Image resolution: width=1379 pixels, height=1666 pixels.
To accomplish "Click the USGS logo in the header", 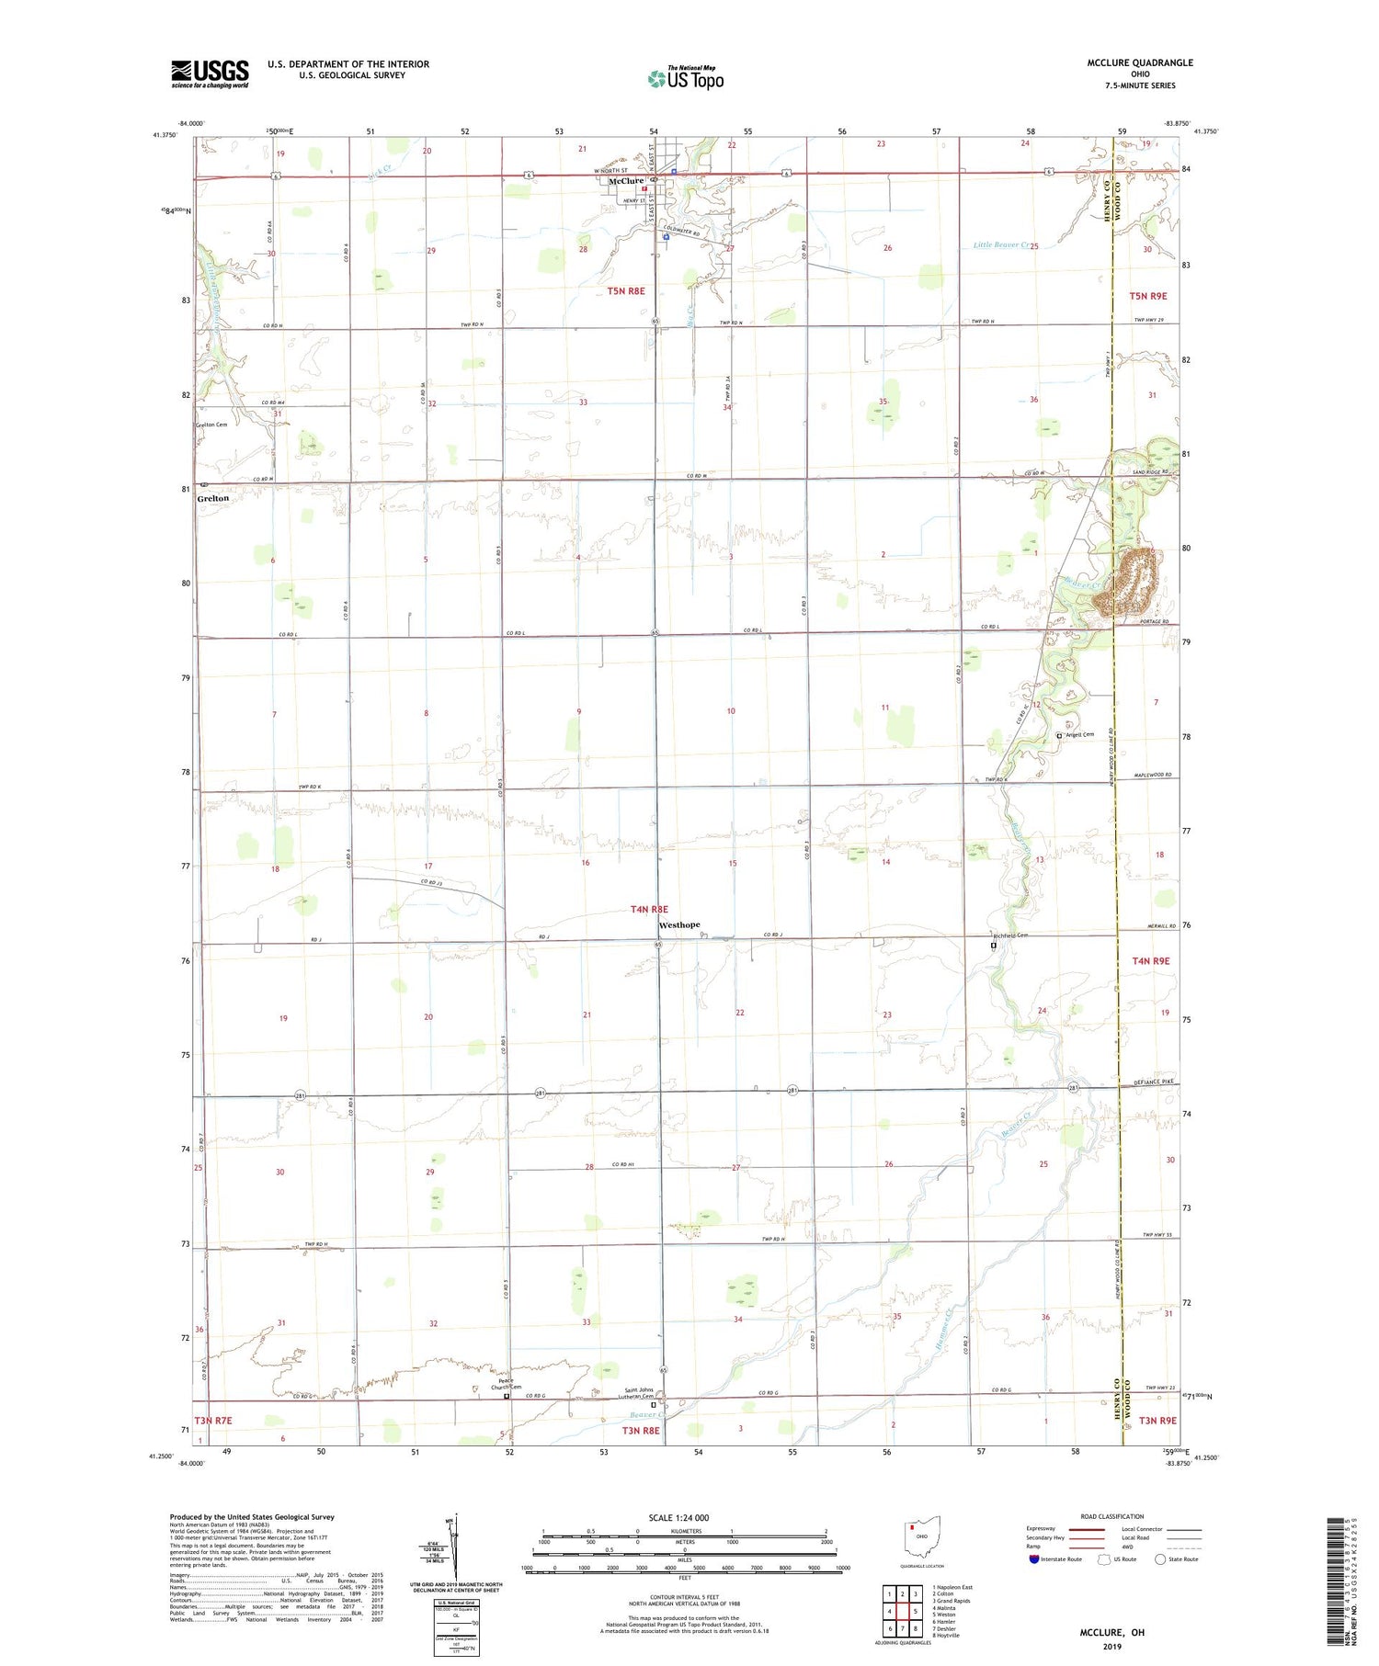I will pyautogui.click(x=210, y=74).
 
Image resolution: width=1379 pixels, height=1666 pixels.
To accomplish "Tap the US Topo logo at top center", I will pyautogui.click(x=685, y=79).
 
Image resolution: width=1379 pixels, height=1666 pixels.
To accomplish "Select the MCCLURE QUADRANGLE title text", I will pyautogui.click(x=1140, y=62).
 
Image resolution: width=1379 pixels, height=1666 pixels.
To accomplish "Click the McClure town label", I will pyautogui.click(x=626, y=181).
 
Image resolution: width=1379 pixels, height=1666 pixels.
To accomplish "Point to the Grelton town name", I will pyautogui.click(x=213, y=498).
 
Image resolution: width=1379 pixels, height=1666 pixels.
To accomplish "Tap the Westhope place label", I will pyautogui.click(x=679, y=925).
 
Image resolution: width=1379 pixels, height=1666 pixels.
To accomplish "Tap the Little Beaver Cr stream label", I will pyautogui.click(x=1000, y=245).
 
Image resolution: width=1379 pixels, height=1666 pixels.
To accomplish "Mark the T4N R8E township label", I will pyautogui.click(x=649, y=909).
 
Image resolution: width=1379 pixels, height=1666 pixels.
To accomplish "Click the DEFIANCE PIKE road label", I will pyautogui.click(x=1155, y=1082).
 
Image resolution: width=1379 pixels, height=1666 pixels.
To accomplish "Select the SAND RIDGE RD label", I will pyautogui.click(x=1150, y=472).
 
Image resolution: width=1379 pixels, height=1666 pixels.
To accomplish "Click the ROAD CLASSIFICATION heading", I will pyautogui.click(x=1112, y=1516).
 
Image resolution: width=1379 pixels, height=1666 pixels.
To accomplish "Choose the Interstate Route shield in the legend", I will pyautogui.click(x=1034, y=1559).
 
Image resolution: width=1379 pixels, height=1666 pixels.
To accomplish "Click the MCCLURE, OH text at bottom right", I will pyautogui.click(x=1112, y=1633).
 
